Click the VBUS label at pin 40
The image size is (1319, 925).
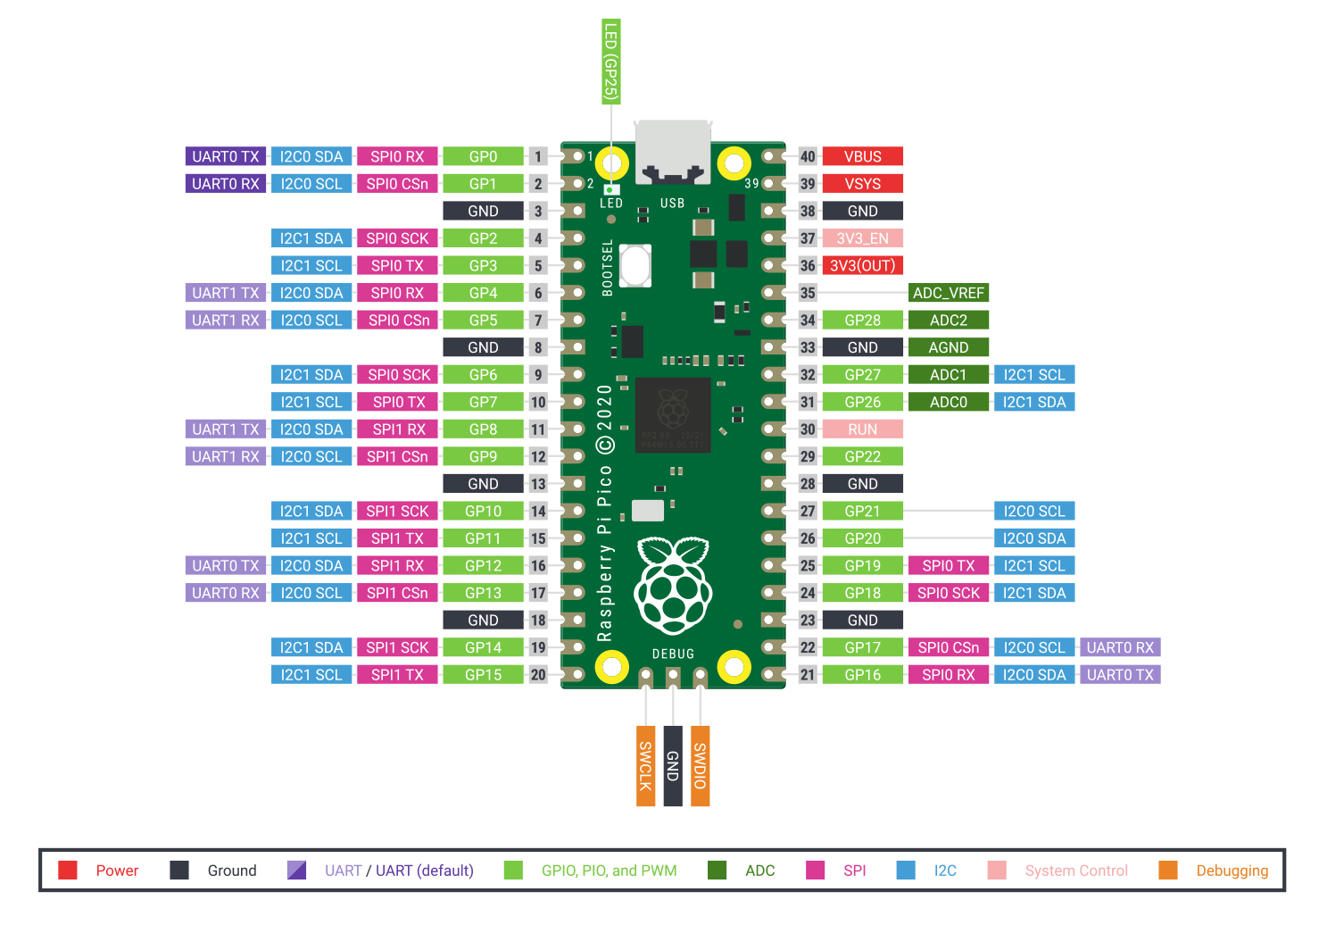click(x=862, y=156)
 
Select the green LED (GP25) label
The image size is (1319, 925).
click(x=611, y=61)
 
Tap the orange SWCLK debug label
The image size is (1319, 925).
click(x=645, y=766)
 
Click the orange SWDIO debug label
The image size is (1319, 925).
click(x=701, y=766)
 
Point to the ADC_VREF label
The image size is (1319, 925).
click(x=948, y=293)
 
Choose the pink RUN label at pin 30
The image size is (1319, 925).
click(x=862, y=429)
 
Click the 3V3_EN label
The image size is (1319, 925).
click(x=862, y=238)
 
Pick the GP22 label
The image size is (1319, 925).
click(x=862, y=456)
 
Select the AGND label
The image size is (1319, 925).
click(x=948, y=347)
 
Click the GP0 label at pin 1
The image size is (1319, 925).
click(x=483, y=156)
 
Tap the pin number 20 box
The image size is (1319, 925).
click(x=538, y=675)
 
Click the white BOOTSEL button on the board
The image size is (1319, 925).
click(x=635, y=265)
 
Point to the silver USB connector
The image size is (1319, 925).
click(x=673, y=152)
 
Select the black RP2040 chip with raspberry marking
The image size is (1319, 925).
click(x=673, y=414)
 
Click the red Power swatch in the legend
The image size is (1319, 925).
click(x=68, y=871)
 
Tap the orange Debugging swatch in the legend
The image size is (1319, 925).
click(x=1167, y=871)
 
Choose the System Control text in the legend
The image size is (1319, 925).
click(x=1076, y=871)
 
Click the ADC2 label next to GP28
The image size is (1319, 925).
click(x=948, y=320)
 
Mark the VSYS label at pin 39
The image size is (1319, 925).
click(x=862, y=184)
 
